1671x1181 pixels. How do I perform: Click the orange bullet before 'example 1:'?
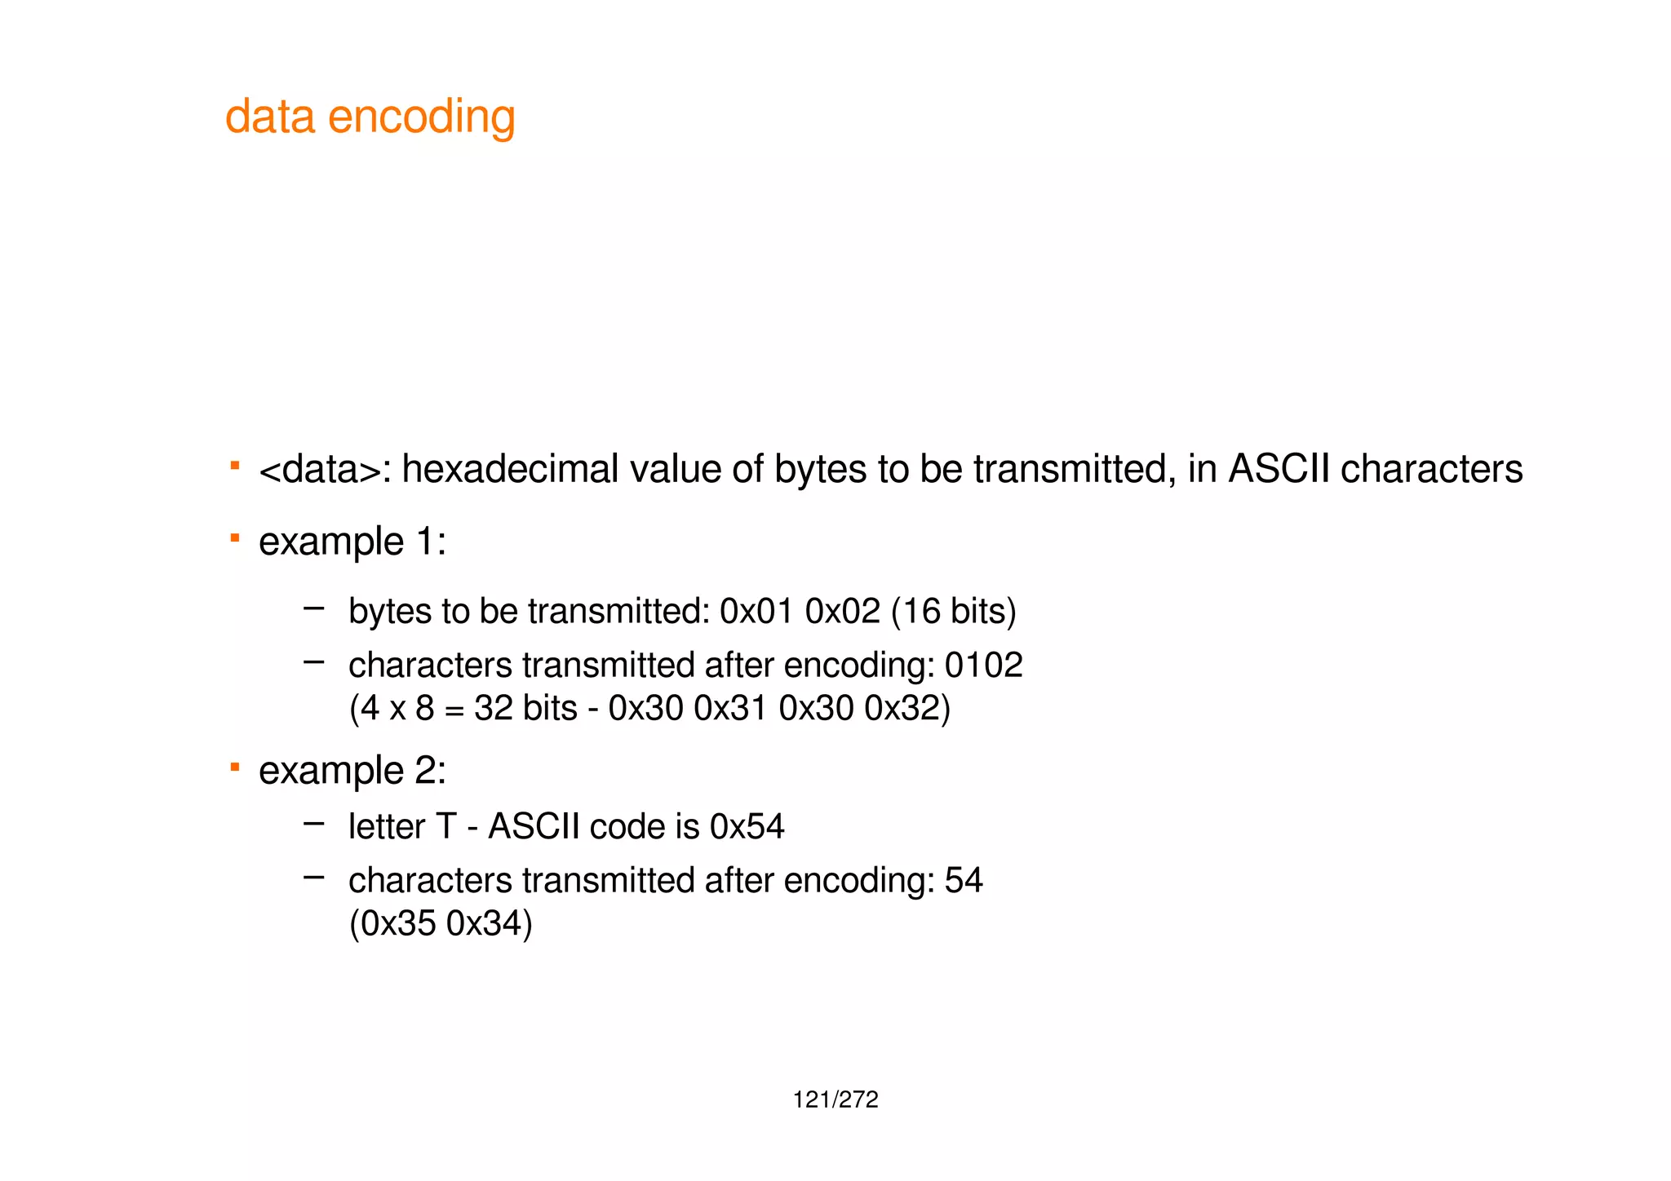pyautogui.click(x=234, y=538)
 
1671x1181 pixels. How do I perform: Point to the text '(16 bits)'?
pyautogui.click(x=954, y=612)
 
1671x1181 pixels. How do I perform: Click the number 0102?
pyautogui.click(x=983, y=666)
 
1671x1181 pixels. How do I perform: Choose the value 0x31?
pyautogui.click(x=730, y=708)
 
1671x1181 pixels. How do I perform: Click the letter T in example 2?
pyautogui.click(x=445, y=827)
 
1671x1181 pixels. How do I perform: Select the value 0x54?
pyautogui.click(x=747, y=827)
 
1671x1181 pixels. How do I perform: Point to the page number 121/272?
pyautogui.click(x=835, y=1100)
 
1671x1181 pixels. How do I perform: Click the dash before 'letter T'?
pyautogui.click(x=313, y=824)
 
